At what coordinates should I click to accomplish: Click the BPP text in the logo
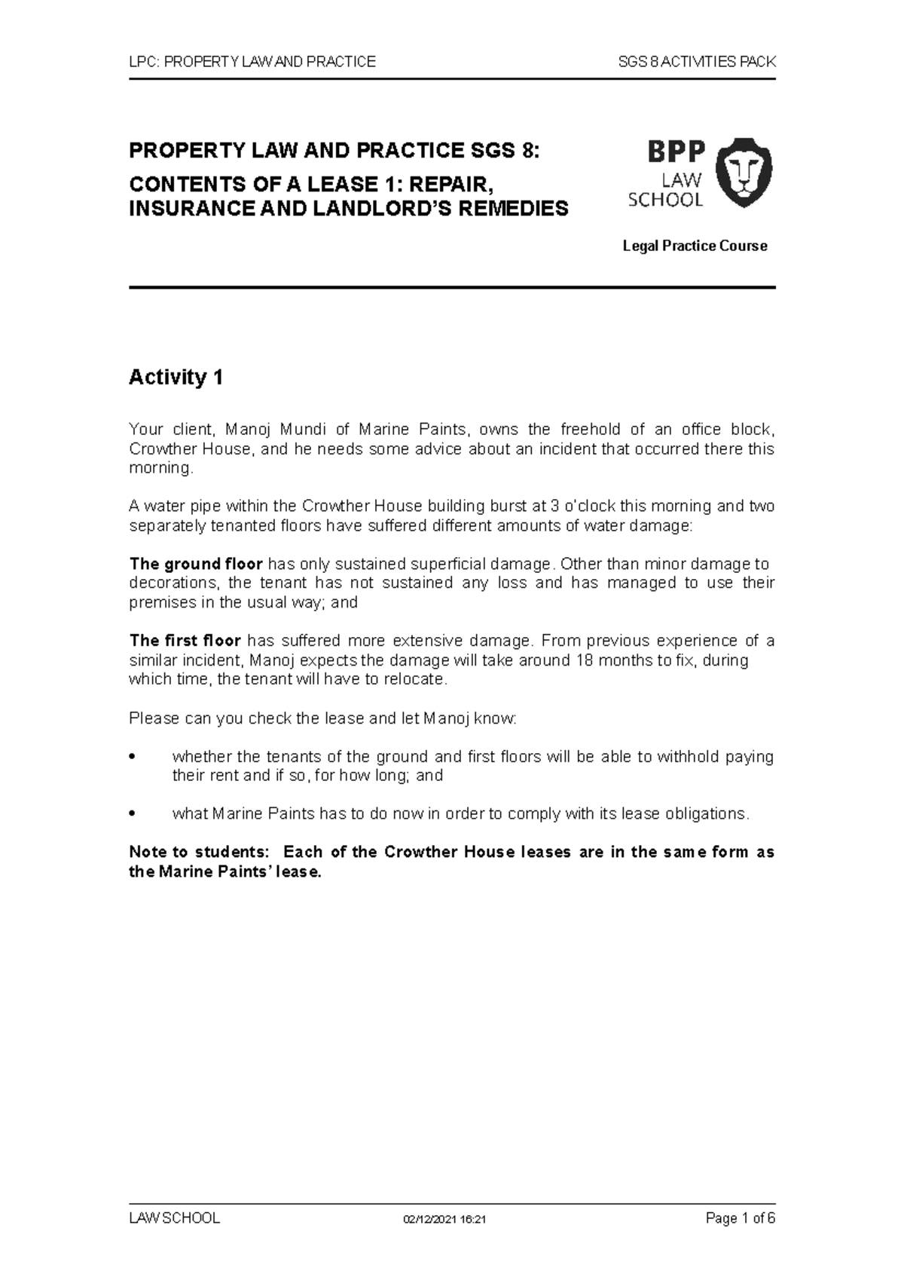pos(676,152)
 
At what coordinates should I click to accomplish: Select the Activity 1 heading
pos(176,377)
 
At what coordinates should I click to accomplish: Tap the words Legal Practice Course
pos(695,246)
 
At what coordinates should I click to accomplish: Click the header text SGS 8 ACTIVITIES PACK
pos(696,62)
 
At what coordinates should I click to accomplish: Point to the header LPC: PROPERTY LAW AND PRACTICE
pos(252,62)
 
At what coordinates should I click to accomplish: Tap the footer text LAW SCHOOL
pos(175,1218)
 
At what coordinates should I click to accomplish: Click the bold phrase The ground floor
pos(196,564)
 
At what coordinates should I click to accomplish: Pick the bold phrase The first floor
pos(185,641)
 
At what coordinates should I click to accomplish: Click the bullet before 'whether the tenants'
pos(133,757)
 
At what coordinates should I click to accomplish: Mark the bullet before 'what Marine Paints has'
pos(133,814)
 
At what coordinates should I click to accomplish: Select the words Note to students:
pos(199,853)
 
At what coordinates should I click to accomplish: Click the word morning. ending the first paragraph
pos(161,468)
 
